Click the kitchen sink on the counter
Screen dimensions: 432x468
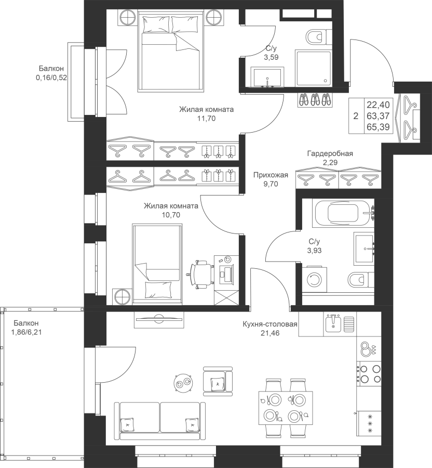point(333,323)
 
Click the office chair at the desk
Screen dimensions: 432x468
point(201,274)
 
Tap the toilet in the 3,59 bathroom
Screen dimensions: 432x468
point(319,37)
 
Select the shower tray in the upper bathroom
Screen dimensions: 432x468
point(313,68)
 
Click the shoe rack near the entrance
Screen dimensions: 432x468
point(315,99)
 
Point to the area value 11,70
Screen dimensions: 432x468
point(206,119)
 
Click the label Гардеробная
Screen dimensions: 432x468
point(330,154)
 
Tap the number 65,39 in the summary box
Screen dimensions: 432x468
point(379,127)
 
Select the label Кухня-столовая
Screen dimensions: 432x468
point(270,324)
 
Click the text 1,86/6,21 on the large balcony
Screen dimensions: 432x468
point(26,332)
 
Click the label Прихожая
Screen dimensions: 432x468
point(271,175)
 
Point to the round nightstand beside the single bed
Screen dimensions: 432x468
point(122,297)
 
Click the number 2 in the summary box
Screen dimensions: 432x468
point(356,116)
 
